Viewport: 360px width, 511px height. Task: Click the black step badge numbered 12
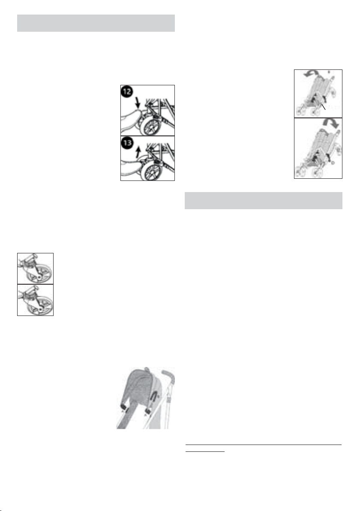(x=127, y=92)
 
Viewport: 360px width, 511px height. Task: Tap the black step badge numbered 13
(x=127, y=143)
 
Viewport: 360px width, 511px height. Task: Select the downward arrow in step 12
(x=138, y=103)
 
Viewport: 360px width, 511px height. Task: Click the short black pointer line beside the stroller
(x=323, y=107)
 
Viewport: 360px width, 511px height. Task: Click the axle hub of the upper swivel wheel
(x=39, y=277)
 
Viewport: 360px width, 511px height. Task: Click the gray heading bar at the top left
(x=96, y=23)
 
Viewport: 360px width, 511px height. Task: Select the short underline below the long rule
(x=205, y=452)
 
